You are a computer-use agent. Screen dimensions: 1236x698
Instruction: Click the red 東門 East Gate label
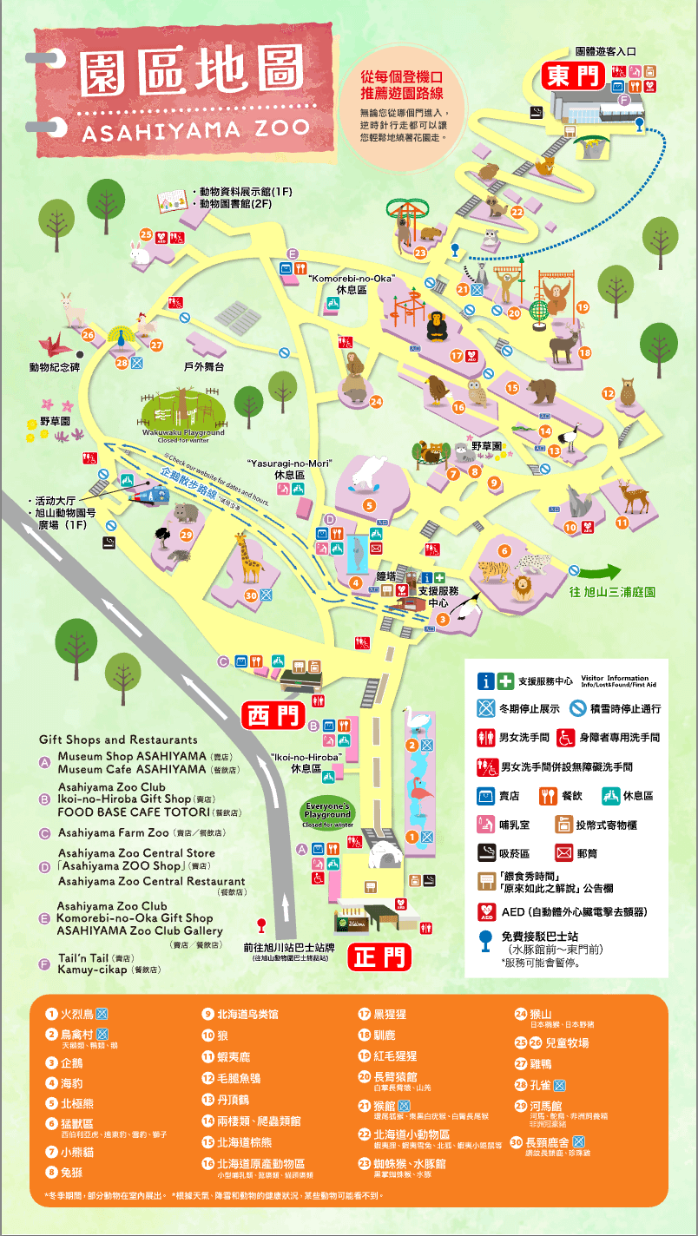click(x=573, y=76)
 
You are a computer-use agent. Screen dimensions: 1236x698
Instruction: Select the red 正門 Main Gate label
click(x=379, y=957)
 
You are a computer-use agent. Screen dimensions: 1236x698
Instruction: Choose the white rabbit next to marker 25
click(x=139, y=253)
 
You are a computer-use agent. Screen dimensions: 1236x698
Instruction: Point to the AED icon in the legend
click(x=486, y=912)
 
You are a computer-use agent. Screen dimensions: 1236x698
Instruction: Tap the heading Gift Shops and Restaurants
click(x=118, y=740)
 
